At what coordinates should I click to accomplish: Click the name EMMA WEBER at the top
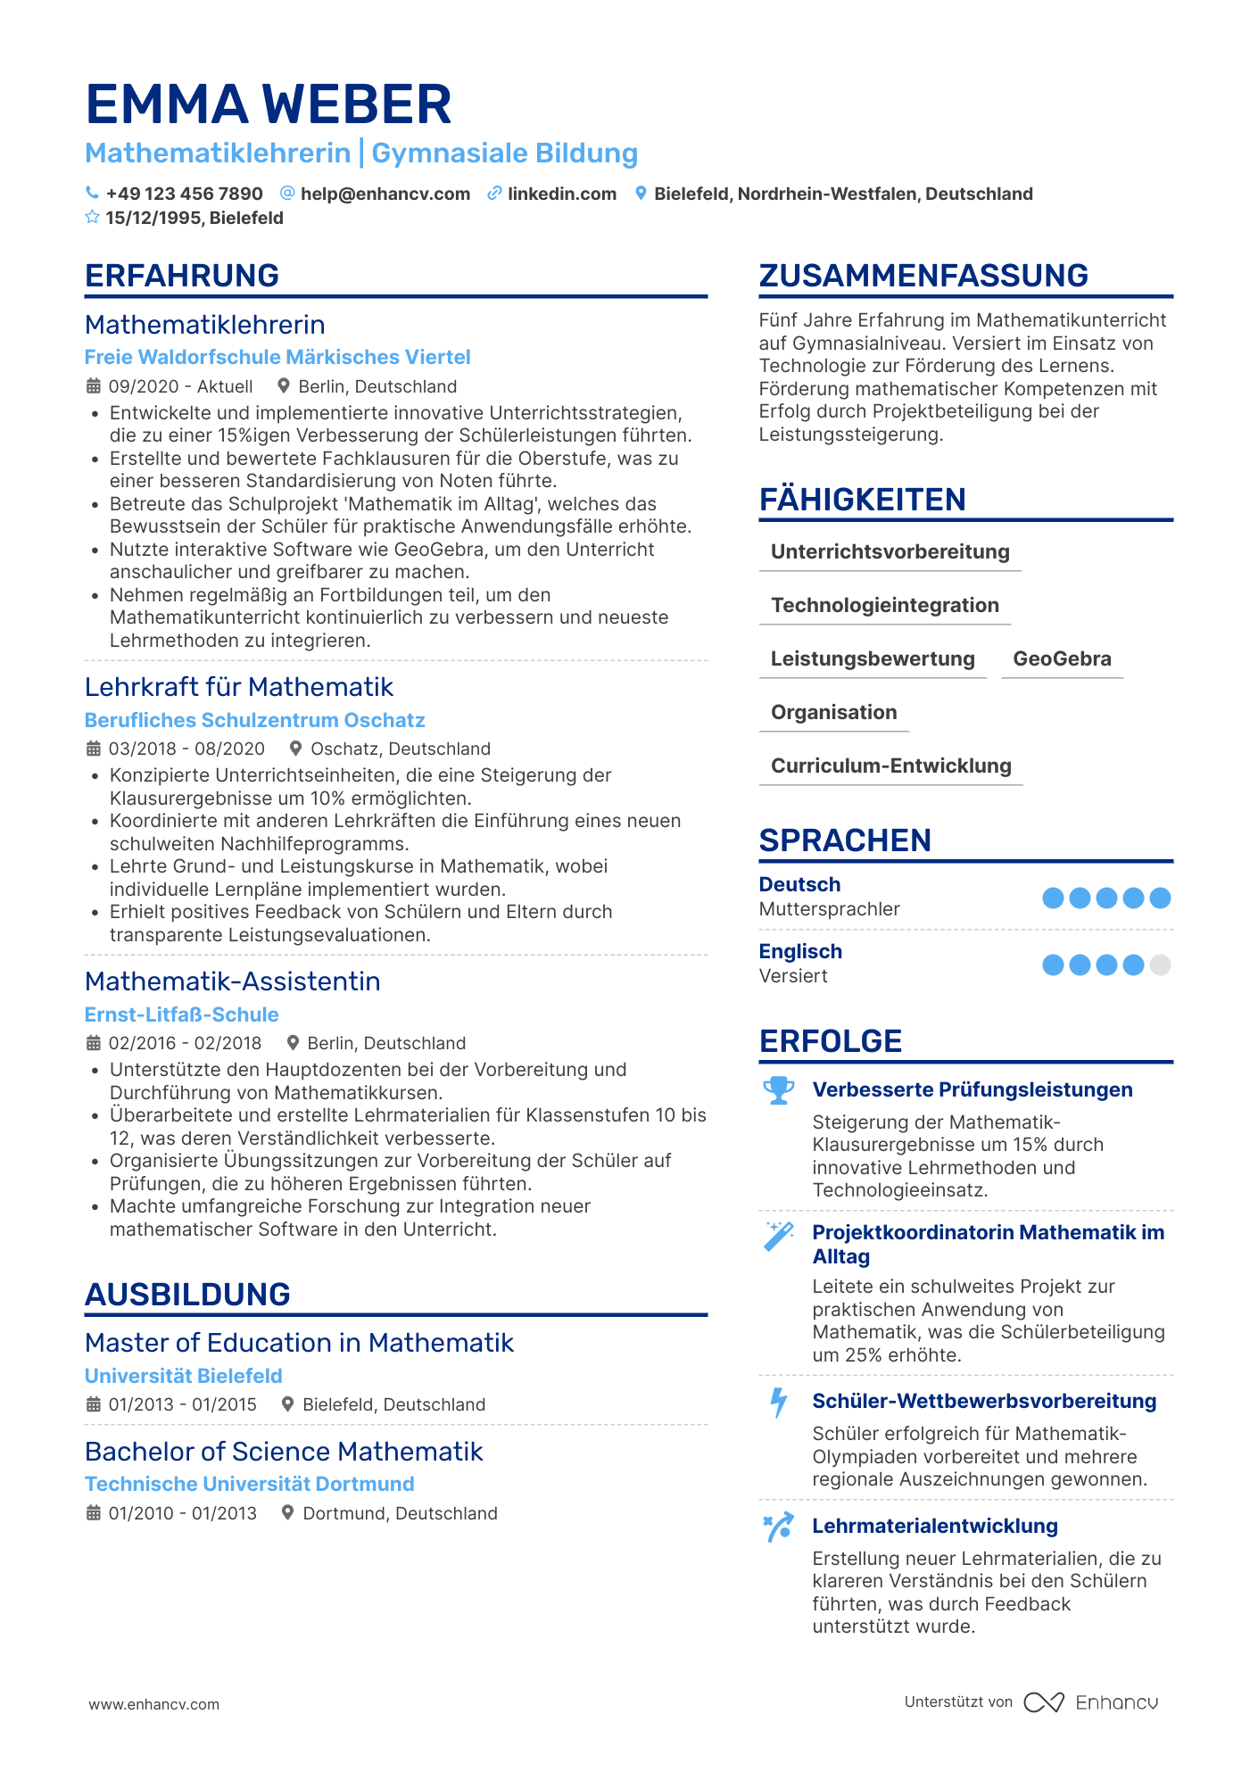269,104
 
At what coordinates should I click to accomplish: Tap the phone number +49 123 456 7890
184,195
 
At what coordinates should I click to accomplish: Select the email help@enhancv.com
385,195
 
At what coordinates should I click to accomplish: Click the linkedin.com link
561,195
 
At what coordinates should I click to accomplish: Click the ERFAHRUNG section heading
182,276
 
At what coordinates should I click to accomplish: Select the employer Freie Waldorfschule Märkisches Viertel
277,358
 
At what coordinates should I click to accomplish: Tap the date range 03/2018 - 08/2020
186,749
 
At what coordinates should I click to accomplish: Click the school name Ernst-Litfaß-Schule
181,1015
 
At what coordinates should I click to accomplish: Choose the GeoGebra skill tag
1062,659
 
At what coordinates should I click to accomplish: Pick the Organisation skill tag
833,713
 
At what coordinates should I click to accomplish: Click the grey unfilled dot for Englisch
1160,965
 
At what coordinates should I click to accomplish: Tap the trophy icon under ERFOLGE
779,1090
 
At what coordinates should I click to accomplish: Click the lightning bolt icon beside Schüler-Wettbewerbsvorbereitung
779,1403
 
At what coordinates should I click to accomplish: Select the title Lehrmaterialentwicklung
935,1527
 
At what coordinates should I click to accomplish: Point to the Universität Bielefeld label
183,1377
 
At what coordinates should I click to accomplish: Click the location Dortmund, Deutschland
400,1514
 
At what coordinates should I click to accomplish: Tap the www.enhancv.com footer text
153,1704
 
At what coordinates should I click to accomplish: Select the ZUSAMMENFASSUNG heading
923,276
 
